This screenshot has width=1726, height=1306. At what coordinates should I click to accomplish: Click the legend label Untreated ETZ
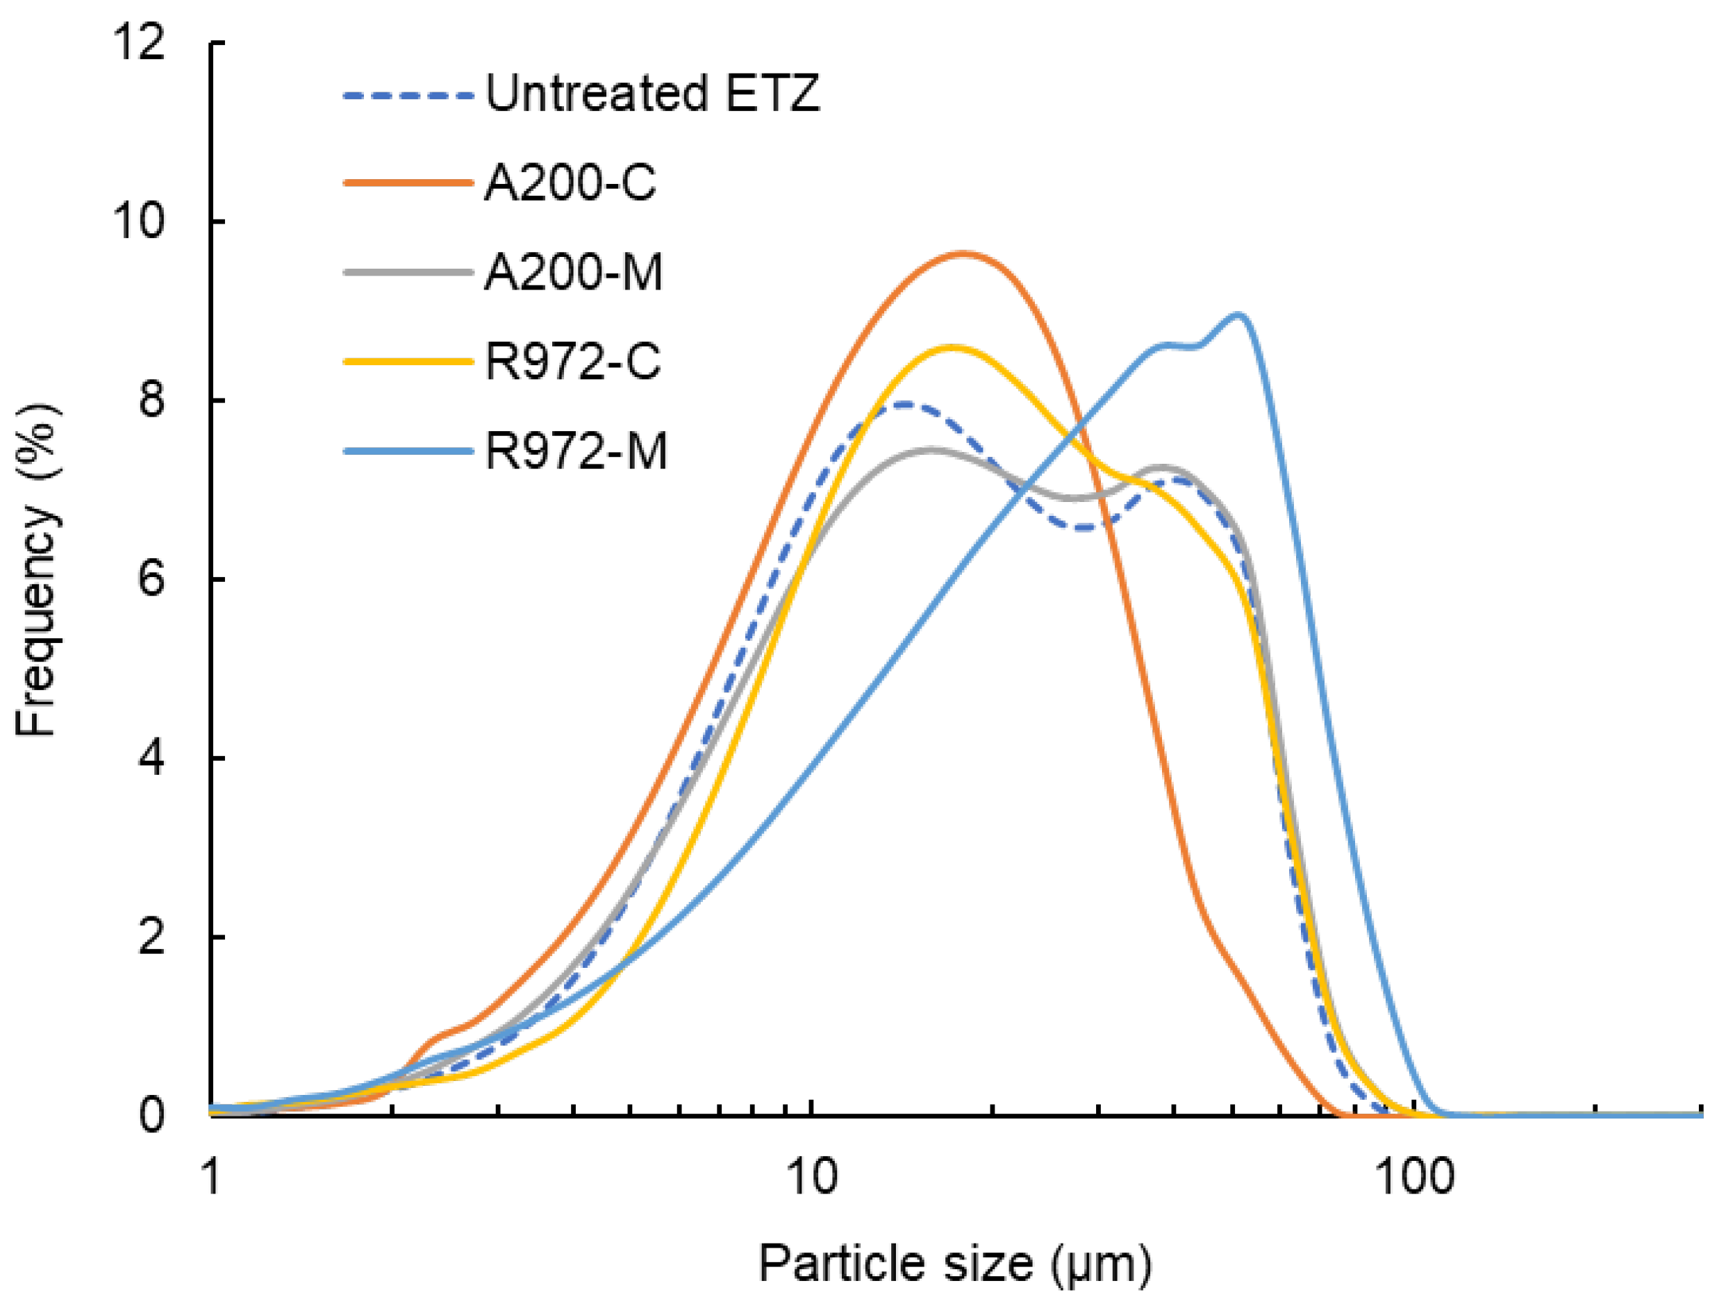point(652,94)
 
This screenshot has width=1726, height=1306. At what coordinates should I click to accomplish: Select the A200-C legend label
point(570,183)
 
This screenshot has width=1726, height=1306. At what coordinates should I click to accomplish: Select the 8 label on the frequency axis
point(151,399)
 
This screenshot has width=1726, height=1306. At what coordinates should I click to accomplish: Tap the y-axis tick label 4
point(151,757)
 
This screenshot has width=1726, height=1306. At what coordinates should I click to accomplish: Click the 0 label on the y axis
point(151,1115)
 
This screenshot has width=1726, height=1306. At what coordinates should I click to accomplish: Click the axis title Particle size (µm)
point(955,1263)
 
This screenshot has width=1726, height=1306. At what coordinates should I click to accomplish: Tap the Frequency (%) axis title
point(37,569)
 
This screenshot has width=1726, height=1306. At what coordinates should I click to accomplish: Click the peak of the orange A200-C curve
point(965,253)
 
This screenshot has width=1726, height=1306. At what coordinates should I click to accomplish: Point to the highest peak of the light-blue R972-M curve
point(1238,315)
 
